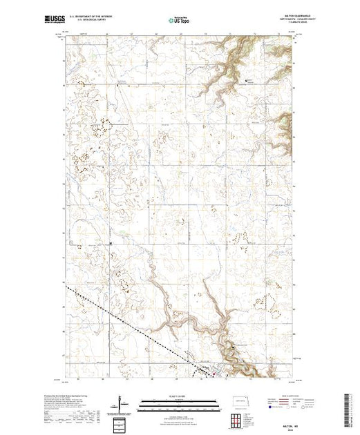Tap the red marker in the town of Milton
tap(214, 375)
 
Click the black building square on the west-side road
tap(111, 243)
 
